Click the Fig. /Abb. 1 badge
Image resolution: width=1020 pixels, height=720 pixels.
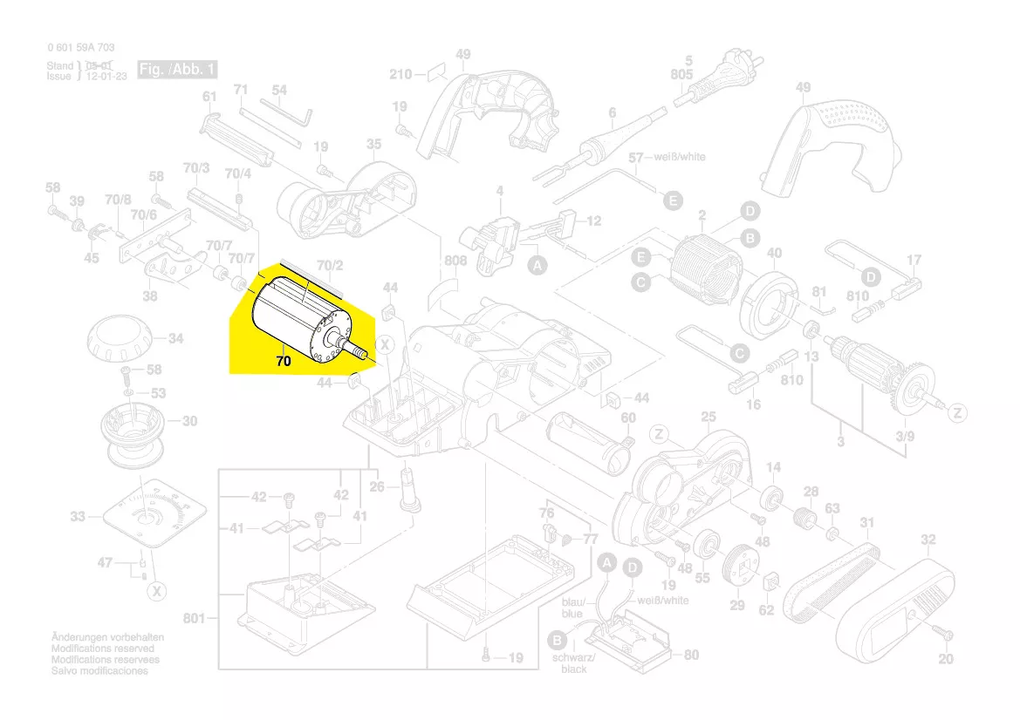[x=176, y=69]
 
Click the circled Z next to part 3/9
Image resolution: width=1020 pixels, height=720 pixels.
[x=957, y=412]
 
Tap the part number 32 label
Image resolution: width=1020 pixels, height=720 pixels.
[x=928, y=540]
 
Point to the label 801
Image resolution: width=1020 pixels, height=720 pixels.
[x=195, y=619]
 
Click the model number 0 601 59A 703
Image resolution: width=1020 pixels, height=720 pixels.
[x=80, y=48]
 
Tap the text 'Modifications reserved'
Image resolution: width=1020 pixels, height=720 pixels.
[x=103, y=649]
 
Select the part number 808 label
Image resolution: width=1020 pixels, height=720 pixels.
[x=455, y=261]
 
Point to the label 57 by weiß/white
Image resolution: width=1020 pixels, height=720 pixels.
[x=635, y=158]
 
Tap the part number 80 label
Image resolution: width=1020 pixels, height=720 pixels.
[x=691, y=655]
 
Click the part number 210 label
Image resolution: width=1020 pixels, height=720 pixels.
[x=400, y=75]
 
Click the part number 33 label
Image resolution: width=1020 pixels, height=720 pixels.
[x=79, y=517]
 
